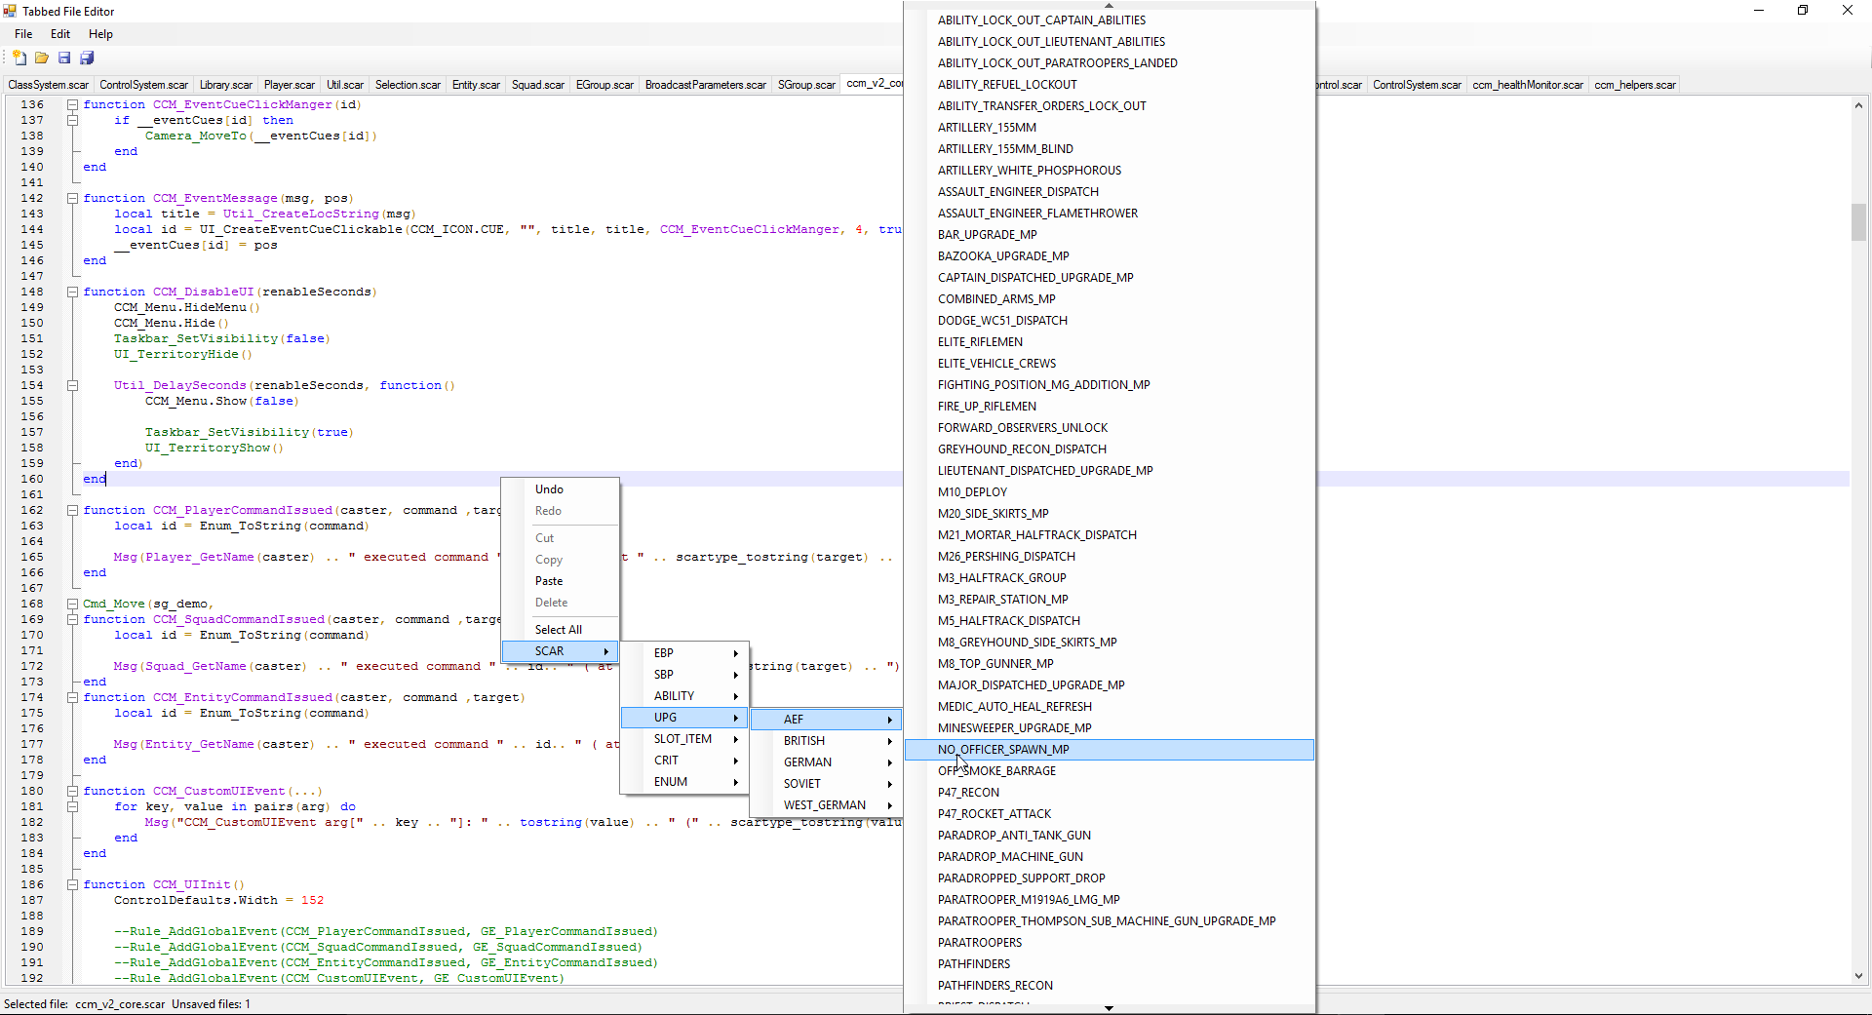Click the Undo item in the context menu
click(x=549, y=489)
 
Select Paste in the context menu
click(x=549, y=581)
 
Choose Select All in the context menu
click(x=559, y=630)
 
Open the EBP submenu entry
click(x=664, y=653)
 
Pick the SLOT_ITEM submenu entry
click(x=682, y=739)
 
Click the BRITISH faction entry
click(x=804, y=741)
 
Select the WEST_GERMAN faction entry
click(x=825, y=805)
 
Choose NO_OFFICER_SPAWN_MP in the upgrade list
click(x=1003, y=750)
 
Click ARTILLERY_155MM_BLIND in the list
click(x=1005, y=149)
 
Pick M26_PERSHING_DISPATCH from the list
click(x=1006, y=557)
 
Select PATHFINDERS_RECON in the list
click(x=994, y=986)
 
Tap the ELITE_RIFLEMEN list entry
click(x=980, y=342)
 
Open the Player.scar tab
click(x=289, y=85)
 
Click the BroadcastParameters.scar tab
click(x=706, y=85)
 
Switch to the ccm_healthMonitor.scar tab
click(x=1528, y=85)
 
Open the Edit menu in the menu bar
click(x=60, y=34)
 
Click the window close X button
click(x=1848, y=11)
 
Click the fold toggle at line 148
click(x=72, y=292)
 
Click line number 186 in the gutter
click(x=32, y=884)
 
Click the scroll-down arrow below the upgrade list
click(x=1109, y=1008)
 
